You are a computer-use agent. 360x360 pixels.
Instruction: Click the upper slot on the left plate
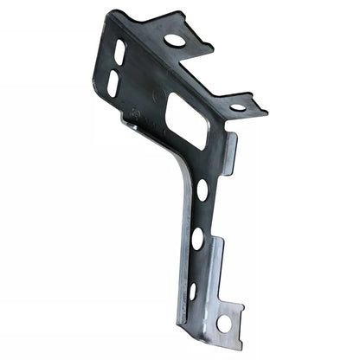point(119,51)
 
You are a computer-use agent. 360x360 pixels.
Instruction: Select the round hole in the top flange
point(174,40)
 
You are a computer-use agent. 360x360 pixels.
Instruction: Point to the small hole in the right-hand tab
point(237,107)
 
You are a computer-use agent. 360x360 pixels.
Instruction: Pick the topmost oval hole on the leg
point(202,190)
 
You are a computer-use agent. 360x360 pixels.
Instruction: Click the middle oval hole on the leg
point(198,238)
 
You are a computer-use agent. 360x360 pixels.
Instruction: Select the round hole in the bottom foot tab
point(224,323)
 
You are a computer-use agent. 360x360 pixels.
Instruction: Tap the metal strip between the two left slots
point(116,67)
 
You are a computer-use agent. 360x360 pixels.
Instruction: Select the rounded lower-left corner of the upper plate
point(98,97)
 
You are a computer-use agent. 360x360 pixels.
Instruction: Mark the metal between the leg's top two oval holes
point(200,215)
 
